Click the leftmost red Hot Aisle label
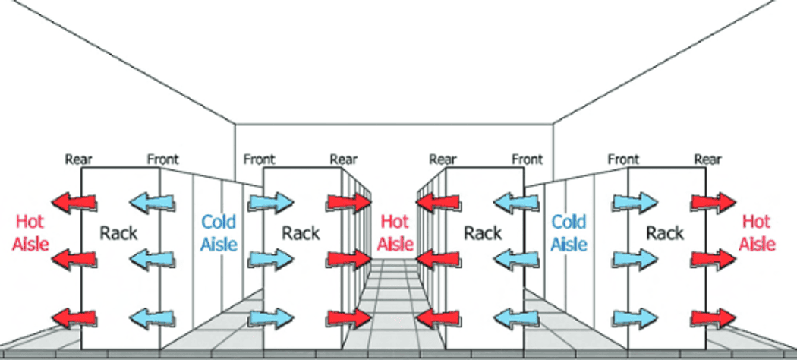click(x=31, y=232)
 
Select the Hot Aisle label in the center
click(x=395, y=232)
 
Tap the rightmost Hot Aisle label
click(x=757, y=232)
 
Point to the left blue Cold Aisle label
click(x=219, y=232)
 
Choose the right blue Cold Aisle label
click(x=569, y=232)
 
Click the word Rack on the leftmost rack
click(x=118, y=232)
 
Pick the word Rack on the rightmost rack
click(x=665, y=232)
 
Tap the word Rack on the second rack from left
click(x=301, y=232)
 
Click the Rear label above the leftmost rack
click(x=79, y=159)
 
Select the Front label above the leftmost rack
click(x=163, y=159)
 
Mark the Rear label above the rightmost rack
click(x=707, y=159)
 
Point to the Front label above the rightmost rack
click(x=624, y=159)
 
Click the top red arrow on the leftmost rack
click(x=74, y=202)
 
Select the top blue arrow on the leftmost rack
click(x=152, y=202)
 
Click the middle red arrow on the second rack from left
click(x=348, y=259)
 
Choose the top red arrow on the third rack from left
click(x=439, y=202)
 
